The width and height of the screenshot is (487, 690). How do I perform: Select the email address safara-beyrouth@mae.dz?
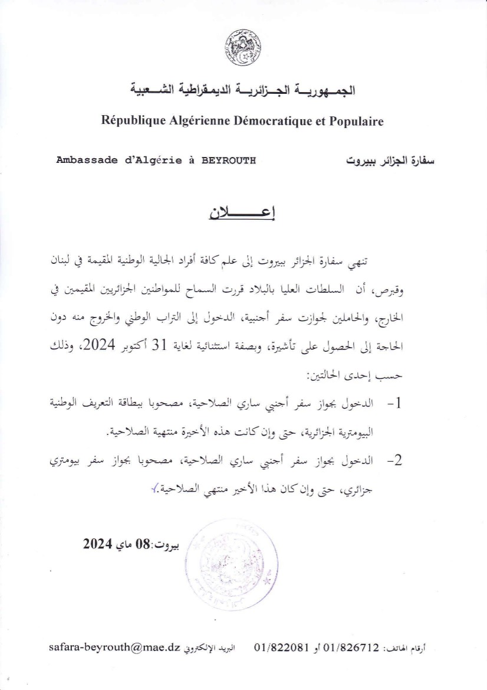[x=113, y=647]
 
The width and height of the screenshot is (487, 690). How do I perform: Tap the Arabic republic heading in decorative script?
[x=243, y=91]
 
